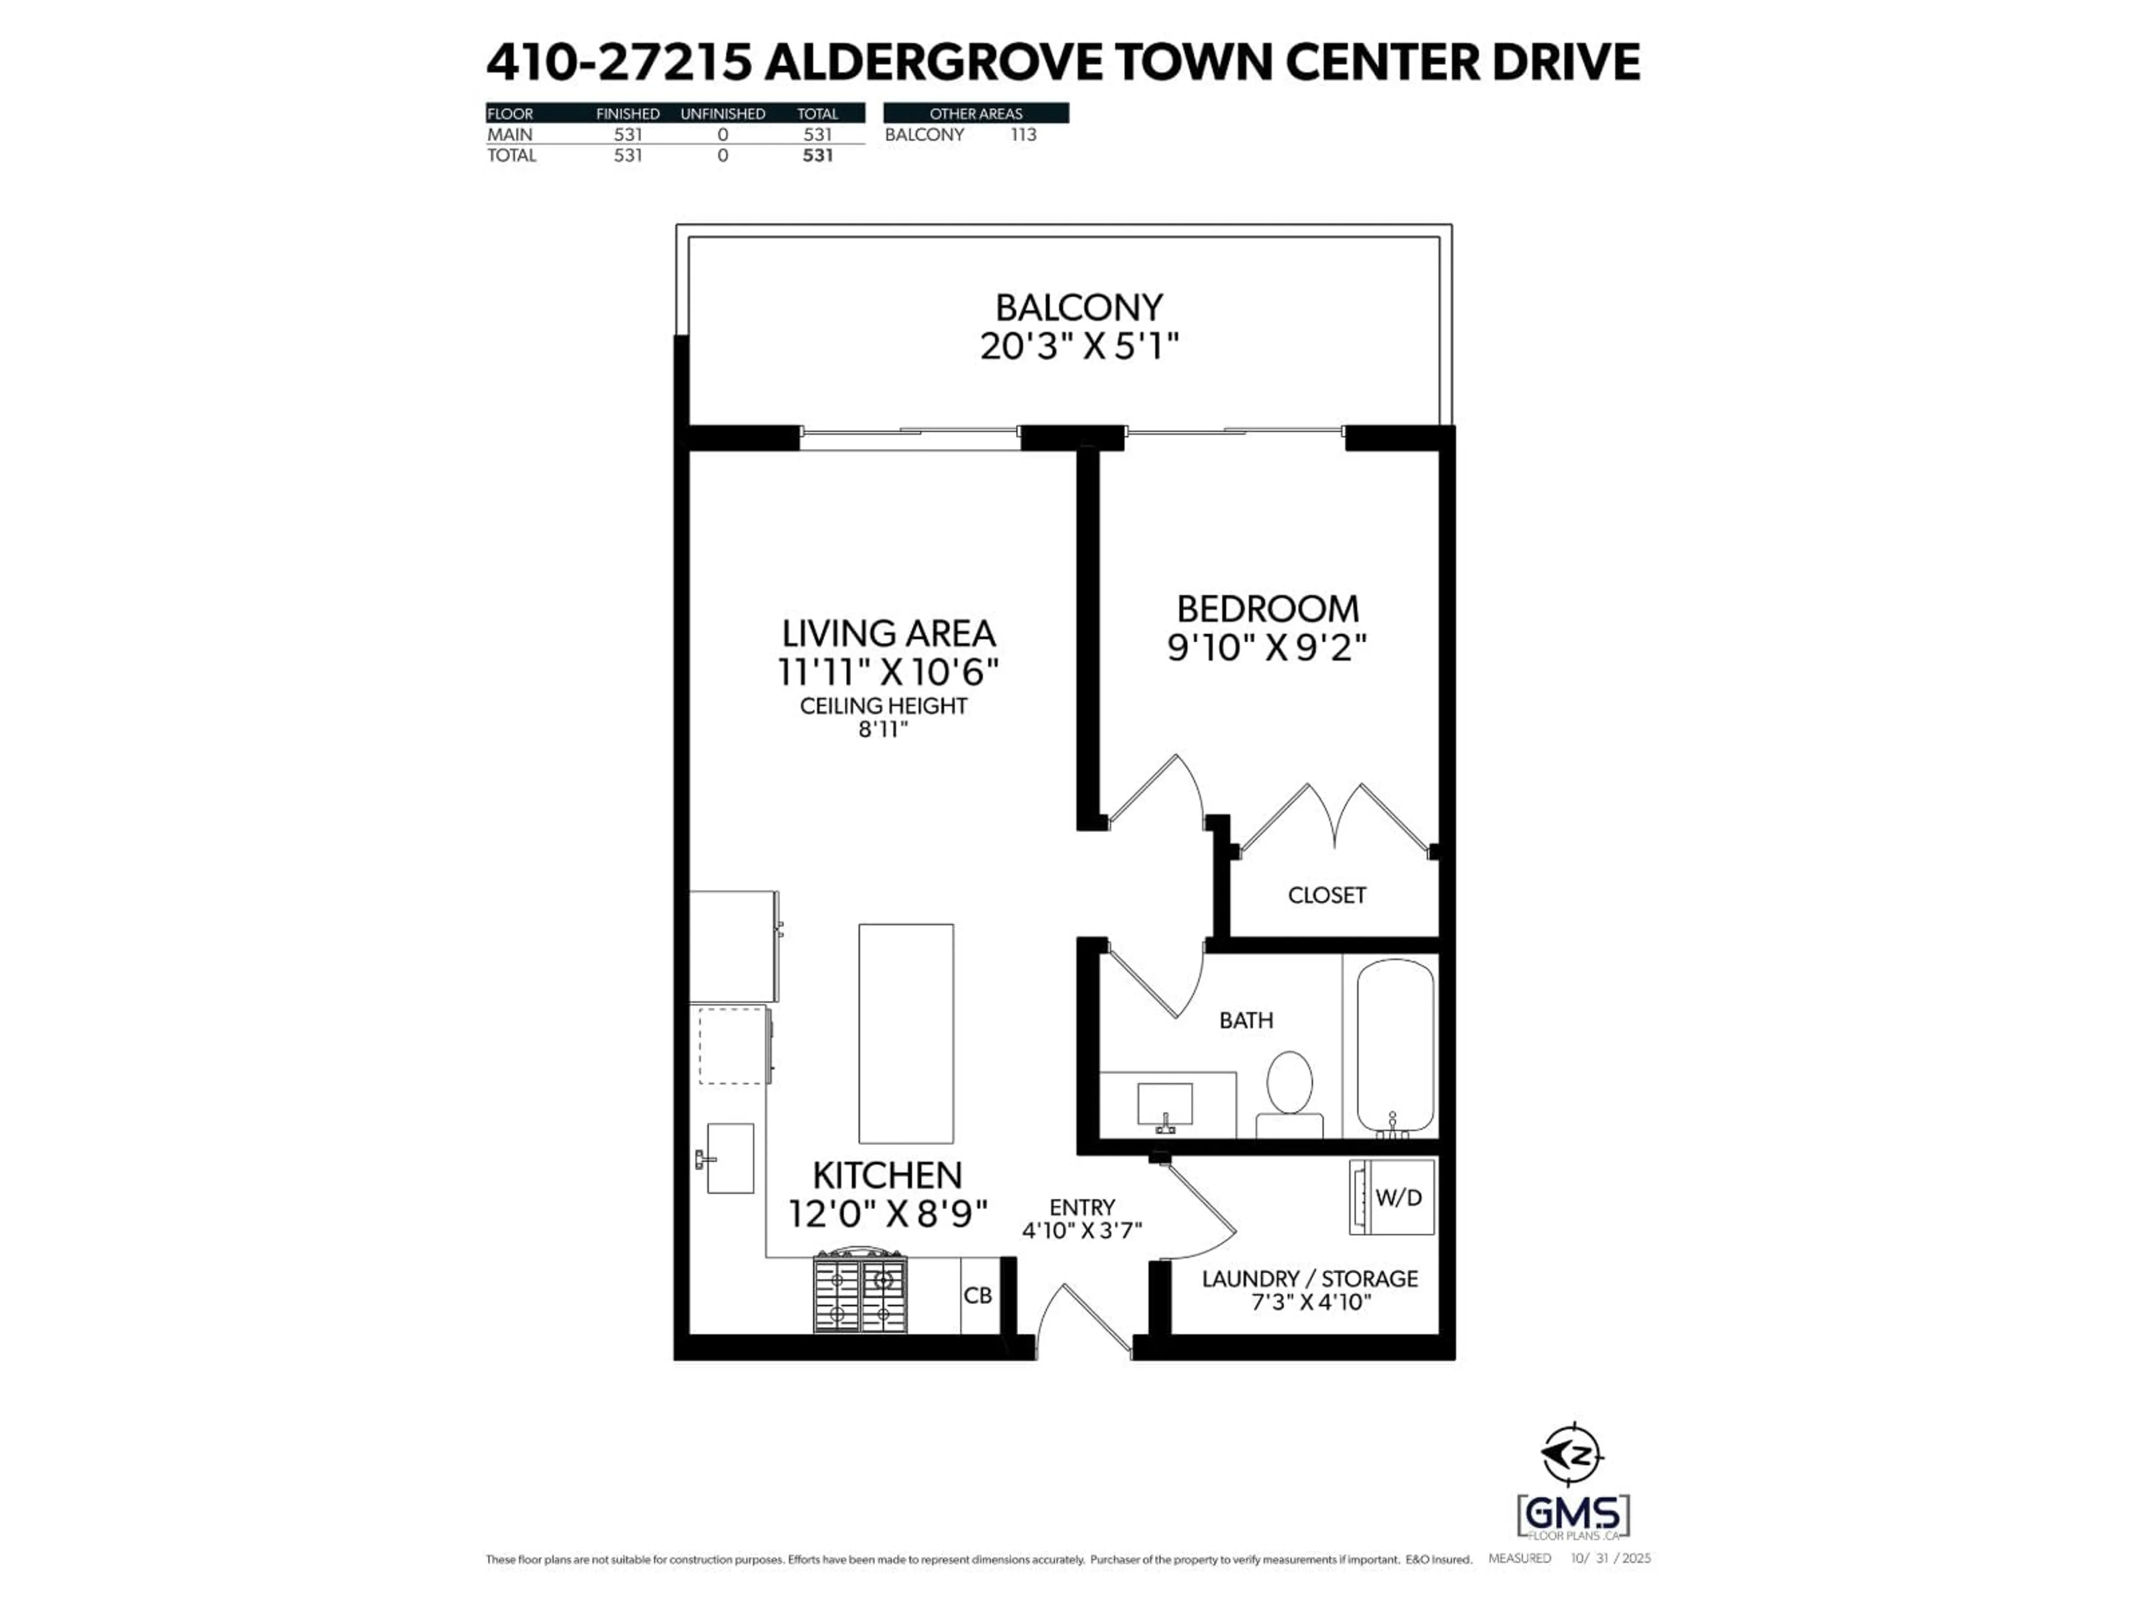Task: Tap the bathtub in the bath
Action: (1394, 1046)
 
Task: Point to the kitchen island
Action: (906, 1033)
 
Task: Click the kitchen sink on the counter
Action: (729, 1157)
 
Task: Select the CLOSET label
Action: (1327, 896)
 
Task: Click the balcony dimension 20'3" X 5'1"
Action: (1079, 346)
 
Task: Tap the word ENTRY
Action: (1082, 1207)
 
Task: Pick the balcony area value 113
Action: (1023, 134)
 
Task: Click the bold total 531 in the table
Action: (817, 155)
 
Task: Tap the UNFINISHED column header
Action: (722, 113)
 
